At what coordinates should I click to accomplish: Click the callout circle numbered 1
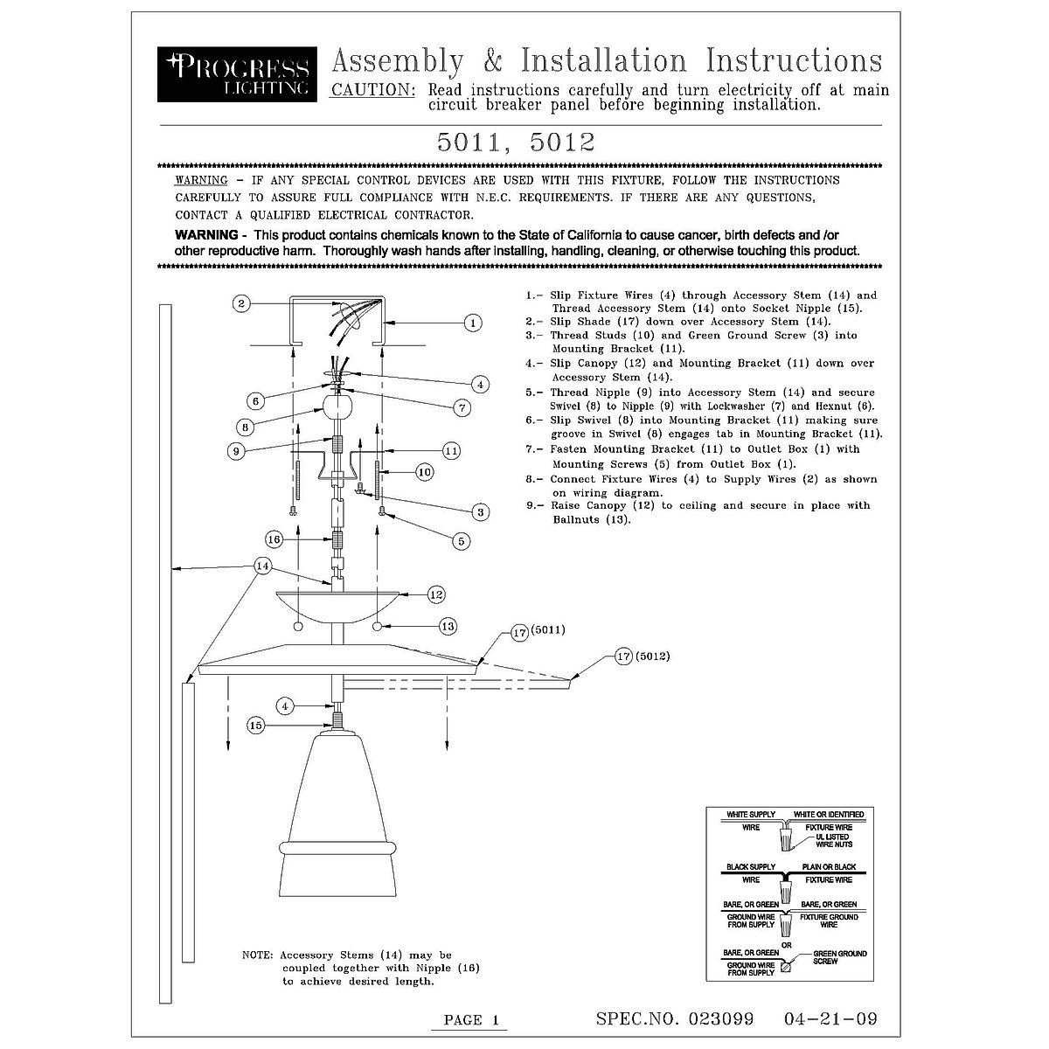click(472, 323)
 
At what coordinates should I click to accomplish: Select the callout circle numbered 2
click(242, 303)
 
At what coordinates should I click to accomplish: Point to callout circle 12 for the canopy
click(436, 594)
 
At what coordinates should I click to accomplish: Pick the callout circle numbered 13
click(448, 626)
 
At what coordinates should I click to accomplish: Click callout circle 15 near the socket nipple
click(255, 725)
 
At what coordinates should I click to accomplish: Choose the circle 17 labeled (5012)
click(623, 656)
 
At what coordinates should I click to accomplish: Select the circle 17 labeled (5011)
click(519, 631)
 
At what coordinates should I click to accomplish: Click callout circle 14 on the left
click(263, 566)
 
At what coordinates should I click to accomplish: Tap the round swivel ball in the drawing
click(337, 406)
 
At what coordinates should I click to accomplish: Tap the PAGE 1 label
click(470, 1019)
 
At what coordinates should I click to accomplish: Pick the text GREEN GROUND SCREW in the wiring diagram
click(839, 957)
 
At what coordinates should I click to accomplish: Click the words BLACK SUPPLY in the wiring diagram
click(751, 867)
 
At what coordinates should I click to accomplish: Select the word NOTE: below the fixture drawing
click(258, 955)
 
